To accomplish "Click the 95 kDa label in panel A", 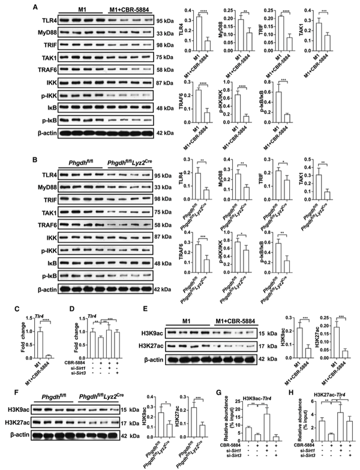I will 192,20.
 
